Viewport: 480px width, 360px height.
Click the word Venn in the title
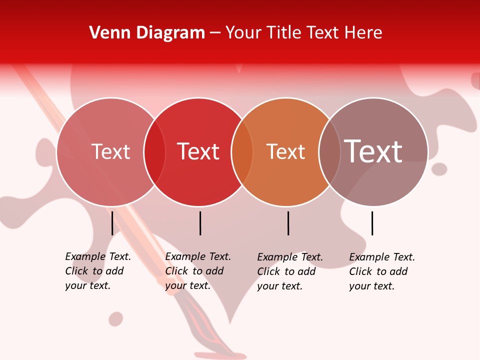[x=106, y=33]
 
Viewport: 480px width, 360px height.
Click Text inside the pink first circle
[x=110, y=151]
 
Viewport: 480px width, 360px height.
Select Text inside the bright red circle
[x=198, y=151]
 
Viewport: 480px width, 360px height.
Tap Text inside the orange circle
[x=285, y=151]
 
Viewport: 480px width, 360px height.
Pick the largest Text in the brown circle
[x=373, y=151]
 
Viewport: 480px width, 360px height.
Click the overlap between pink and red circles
[x=154, y=152]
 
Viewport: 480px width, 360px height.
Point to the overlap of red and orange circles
[x=242, y=152]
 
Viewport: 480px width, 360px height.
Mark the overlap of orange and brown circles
[x=329, y=152]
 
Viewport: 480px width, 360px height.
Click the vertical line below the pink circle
[x=112, y=223]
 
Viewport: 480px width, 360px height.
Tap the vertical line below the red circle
[x=200, y=223]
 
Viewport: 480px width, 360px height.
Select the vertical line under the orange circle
[x=288, y=223]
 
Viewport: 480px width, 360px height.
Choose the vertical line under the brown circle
[x=372, y=223]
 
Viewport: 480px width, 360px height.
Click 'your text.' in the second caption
[x=188, y=285]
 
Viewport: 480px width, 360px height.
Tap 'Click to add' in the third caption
[x=286, y=271]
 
